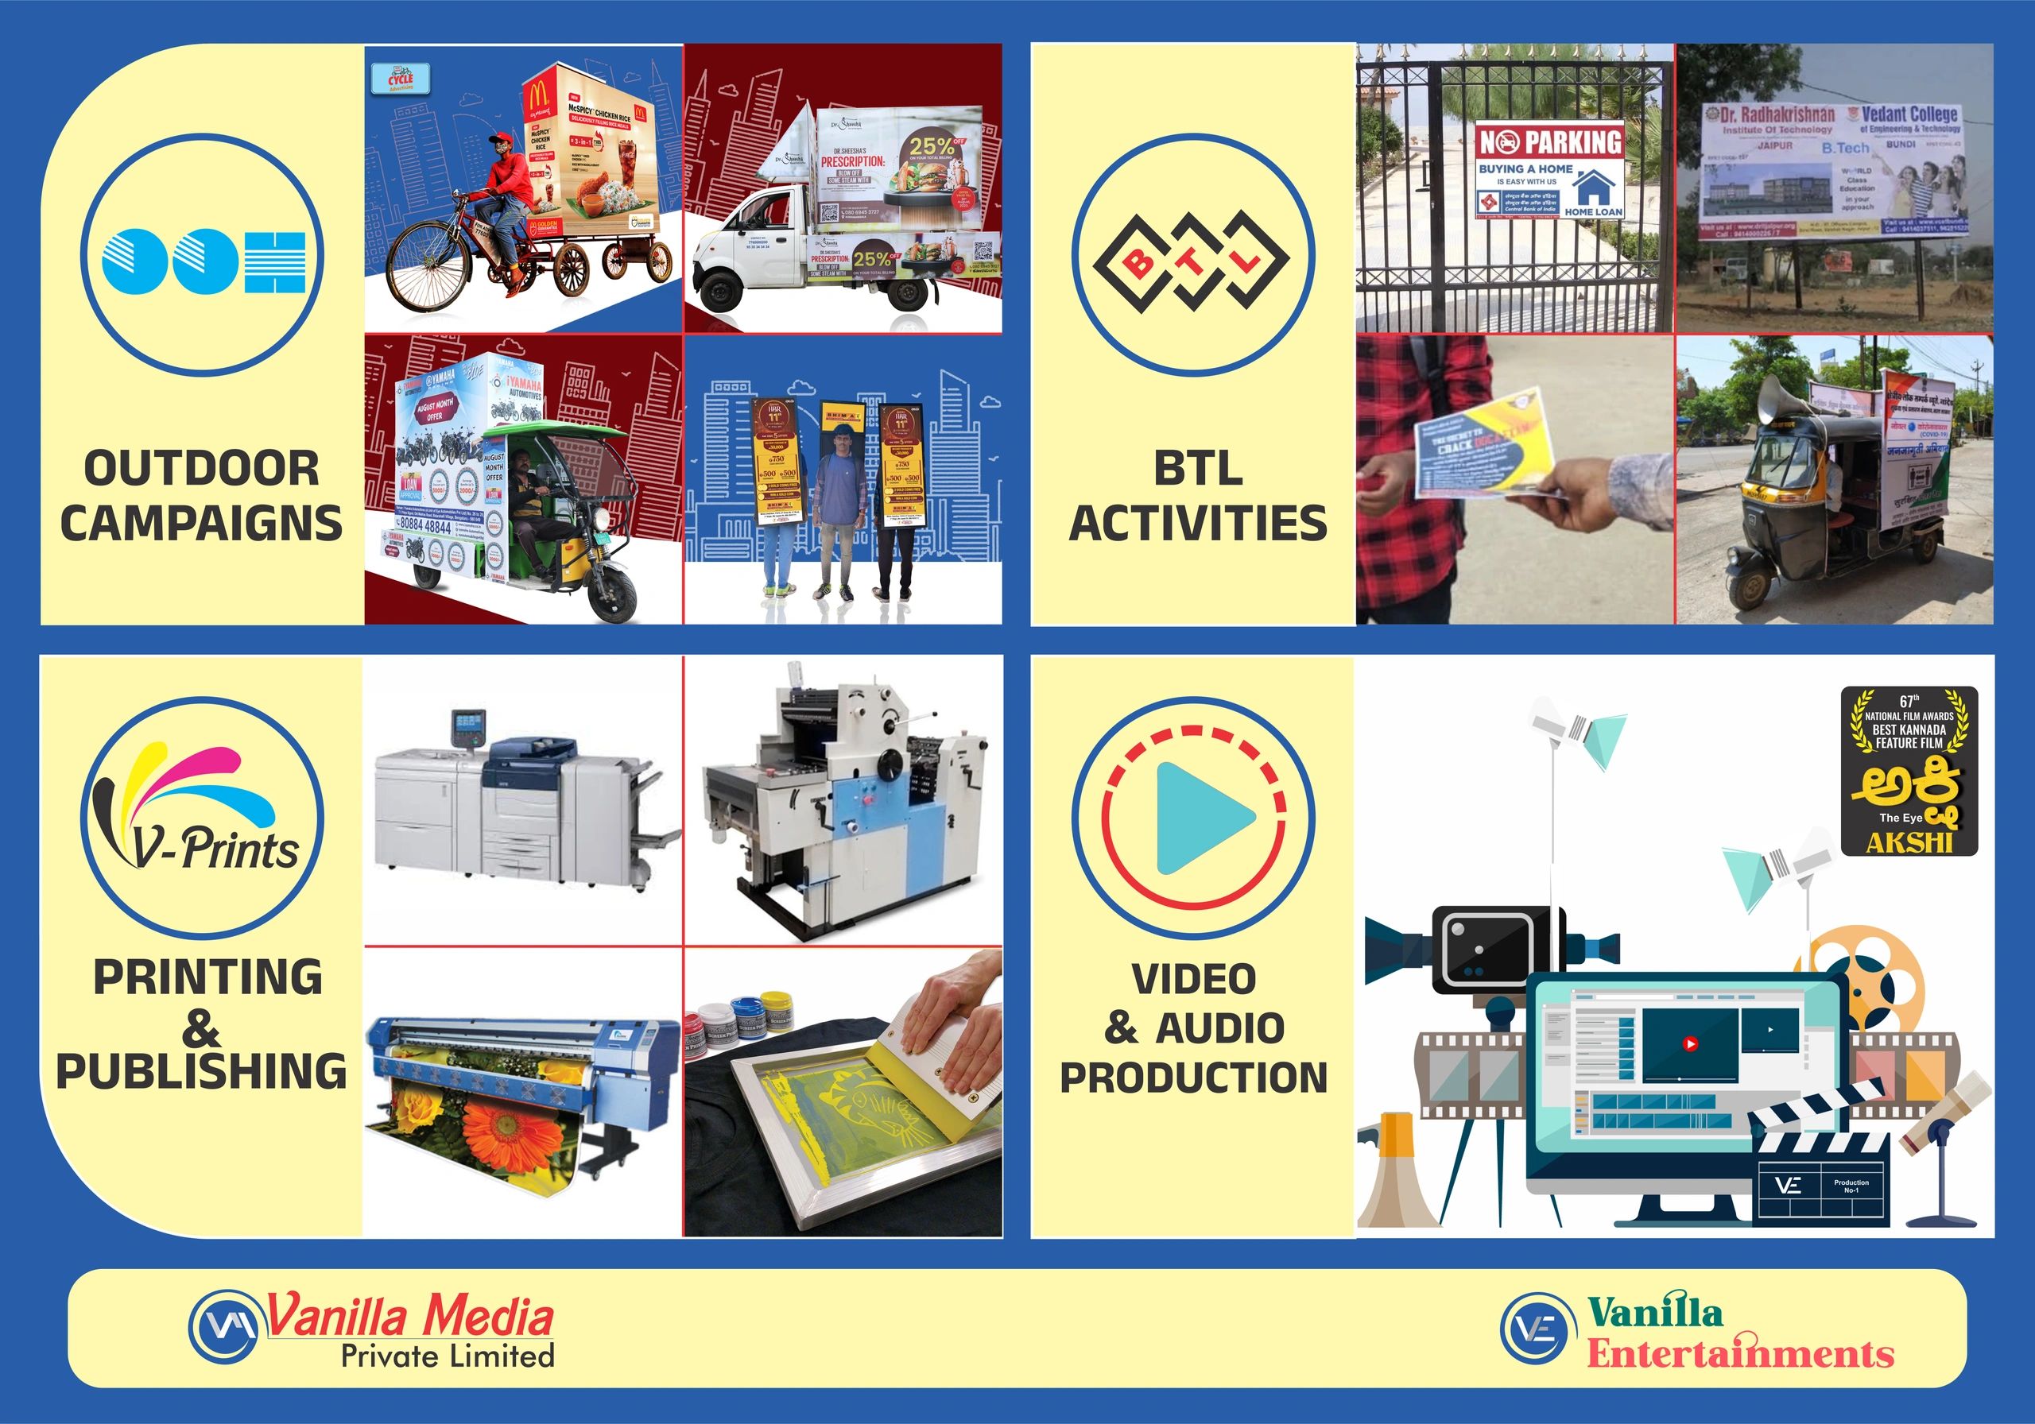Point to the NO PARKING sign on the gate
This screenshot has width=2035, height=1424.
pos(1549,169)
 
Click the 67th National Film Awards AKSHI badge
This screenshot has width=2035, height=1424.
pos(1909,770)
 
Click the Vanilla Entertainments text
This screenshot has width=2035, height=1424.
pos(1739,1333)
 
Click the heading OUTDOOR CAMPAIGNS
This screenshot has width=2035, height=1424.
pos(201,495)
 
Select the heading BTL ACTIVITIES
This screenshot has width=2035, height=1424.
pos(1197,495)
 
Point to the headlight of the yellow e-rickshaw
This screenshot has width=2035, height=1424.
pos(603,518)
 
